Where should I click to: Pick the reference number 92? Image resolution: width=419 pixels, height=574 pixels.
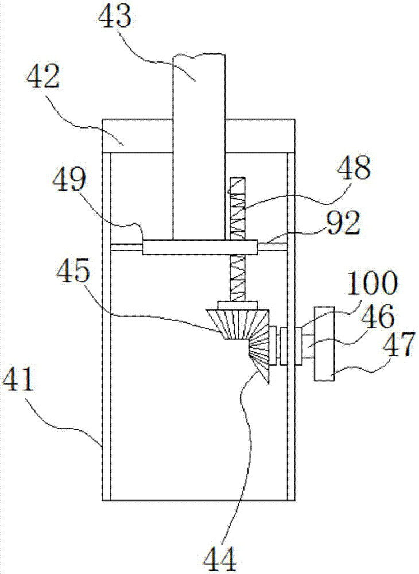point(344,223)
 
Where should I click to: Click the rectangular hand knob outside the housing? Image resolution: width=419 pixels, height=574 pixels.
point(324,343)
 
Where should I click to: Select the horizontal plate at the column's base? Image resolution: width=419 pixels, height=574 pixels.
point(200,247)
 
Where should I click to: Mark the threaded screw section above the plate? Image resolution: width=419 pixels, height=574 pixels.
point(236,209)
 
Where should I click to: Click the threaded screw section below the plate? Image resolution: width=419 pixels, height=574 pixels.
point(237,278)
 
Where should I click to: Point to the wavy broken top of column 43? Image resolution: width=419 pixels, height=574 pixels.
point(199,56)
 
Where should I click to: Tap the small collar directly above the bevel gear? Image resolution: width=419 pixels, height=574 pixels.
point(238,305)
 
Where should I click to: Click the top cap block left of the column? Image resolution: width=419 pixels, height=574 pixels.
point(137,136)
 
